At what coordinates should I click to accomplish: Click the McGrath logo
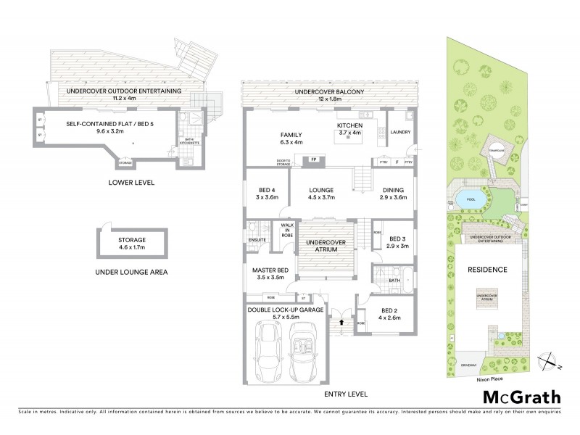pos(521,397)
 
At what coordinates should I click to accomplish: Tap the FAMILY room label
pos(291,136)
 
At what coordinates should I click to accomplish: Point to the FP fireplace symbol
pos(314,159)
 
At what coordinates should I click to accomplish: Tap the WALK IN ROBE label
pos(286,231)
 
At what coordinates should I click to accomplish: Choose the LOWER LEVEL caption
pos(132,183)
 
